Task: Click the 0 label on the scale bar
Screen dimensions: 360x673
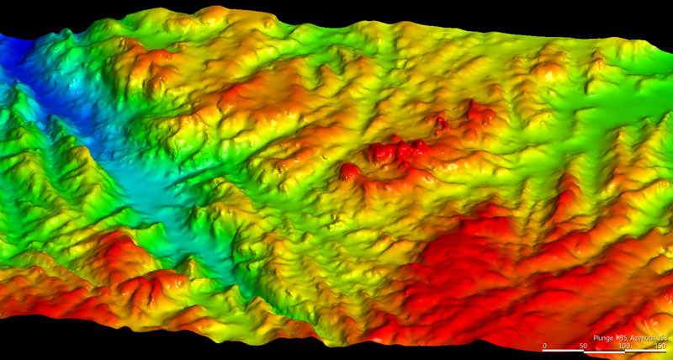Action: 544,346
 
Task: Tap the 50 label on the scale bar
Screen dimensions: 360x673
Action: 583,346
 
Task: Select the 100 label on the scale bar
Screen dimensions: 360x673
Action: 624,346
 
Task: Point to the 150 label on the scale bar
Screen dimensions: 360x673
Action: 660,346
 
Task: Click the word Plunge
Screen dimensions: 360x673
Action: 603,338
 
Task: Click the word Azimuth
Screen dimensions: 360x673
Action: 641,338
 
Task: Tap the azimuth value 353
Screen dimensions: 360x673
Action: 662,338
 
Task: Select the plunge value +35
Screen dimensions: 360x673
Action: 622,338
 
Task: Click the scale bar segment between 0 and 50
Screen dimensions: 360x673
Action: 563,351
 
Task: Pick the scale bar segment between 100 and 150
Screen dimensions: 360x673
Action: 645,351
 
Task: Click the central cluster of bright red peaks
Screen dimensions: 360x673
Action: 395,152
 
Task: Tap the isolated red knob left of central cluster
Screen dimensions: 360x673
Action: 349,171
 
